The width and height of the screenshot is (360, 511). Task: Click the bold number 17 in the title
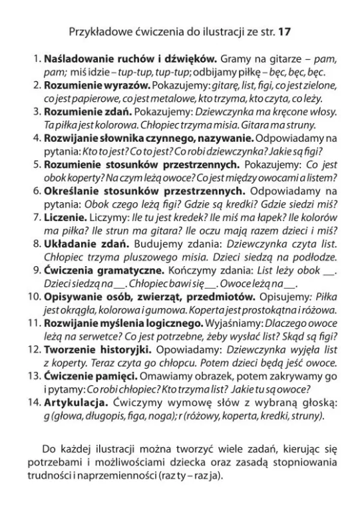click(283, 31)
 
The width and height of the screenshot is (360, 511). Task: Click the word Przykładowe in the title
click(97, 31)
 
